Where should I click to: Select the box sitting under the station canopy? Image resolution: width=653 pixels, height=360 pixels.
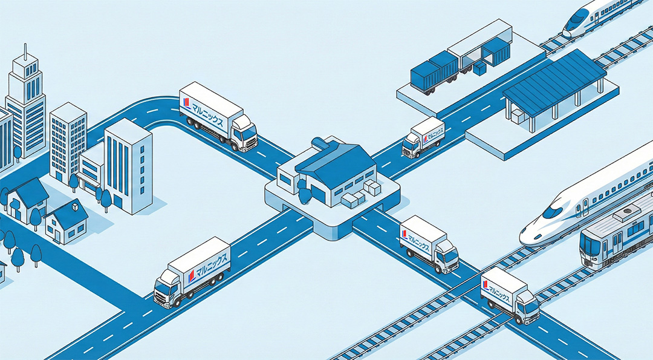517,116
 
